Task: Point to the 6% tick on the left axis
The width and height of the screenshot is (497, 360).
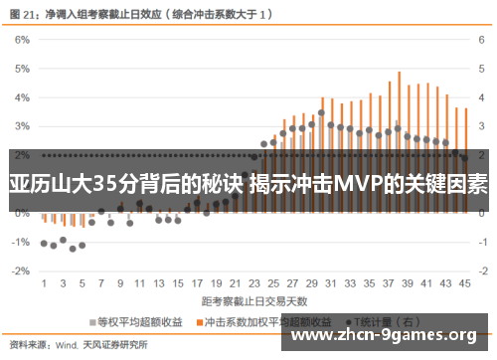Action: (x=22, y=40)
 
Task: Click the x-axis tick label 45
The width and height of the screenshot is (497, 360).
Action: (x=463, y=283)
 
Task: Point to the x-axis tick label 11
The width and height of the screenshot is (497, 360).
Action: (x=137, y=283)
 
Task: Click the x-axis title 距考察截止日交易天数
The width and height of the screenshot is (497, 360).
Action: (x=255, y=299)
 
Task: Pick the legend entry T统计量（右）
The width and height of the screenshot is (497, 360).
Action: (x=382, y=322)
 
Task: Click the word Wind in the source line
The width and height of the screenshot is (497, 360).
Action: (x=67, y=345)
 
